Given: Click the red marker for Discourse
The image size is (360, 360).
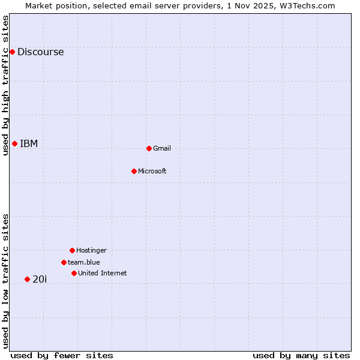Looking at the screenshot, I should [x=12, y=52].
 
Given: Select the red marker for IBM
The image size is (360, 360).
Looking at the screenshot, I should [x=14, y=143].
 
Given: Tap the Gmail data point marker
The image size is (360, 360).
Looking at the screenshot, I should [x=149, y=148].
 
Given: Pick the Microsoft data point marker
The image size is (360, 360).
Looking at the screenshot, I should [x=134, y=171].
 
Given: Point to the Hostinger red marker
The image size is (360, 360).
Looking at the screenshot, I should [x=72, y=250].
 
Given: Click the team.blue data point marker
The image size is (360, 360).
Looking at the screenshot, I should [x=64, y=262].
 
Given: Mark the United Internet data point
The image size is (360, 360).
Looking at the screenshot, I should [x=74, y=273].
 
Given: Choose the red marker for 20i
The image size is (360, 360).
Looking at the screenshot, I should [x=27, y=279].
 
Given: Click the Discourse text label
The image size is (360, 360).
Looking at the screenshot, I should [x=40, y=52].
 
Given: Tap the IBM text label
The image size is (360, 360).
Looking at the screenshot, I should [x=29, y=143].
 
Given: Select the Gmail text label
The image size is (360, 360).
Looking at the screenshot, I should [x=162, y=148].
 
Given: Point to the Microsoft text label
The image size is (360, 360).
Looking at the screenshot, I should [x=152, y=171].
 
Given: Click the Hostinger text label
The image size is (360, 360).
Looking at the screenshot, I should [x=91, y=250].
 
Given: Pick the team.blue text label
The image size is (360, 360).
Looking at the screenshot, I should [x=84, y=262].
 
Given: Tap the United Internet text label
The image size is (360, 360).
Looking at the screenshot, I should [x=103, y=273].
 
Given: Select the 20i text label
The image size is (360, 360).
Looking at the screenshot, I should [x=40, y=279].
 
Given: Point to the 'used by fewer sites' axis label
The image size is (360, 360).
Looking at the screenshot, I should [x=62, y=355].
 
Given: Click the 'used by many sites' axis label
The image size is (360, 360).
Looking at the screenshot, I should [x=301, y=355].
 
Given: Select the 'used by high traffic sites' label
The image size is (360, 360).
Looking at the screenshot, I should [x=5, y=85].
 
